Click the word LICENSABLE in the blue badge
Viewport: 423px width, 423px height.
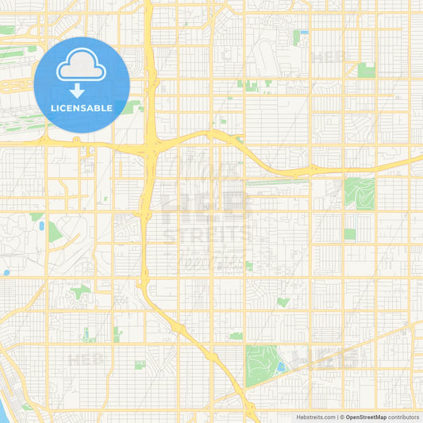coord(83,107)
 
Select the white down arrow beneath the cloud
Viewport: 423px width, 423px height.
coord(77,90)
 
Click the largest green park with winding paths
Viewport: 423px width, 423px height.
coord(260,365)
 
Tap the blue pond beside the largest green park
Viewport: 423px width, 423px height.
coord(281,367)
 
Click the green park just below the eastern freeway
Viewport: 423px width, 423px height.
coord(359,193)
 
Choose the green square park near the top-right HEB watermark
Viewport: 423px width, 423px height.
coord(366,70)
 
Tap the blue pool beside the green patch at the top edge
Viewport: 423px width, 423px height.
coord(304,33)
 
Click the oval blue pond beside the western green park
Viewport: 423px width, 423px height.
coord(40,227)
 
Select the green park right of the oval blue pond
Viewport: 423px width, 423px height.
coord(53,232)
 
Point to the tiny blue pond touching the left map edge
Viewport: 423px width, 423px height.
coord(6,273)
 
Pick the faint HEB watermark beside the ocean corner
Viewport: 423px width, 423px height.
coord(86,359)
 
